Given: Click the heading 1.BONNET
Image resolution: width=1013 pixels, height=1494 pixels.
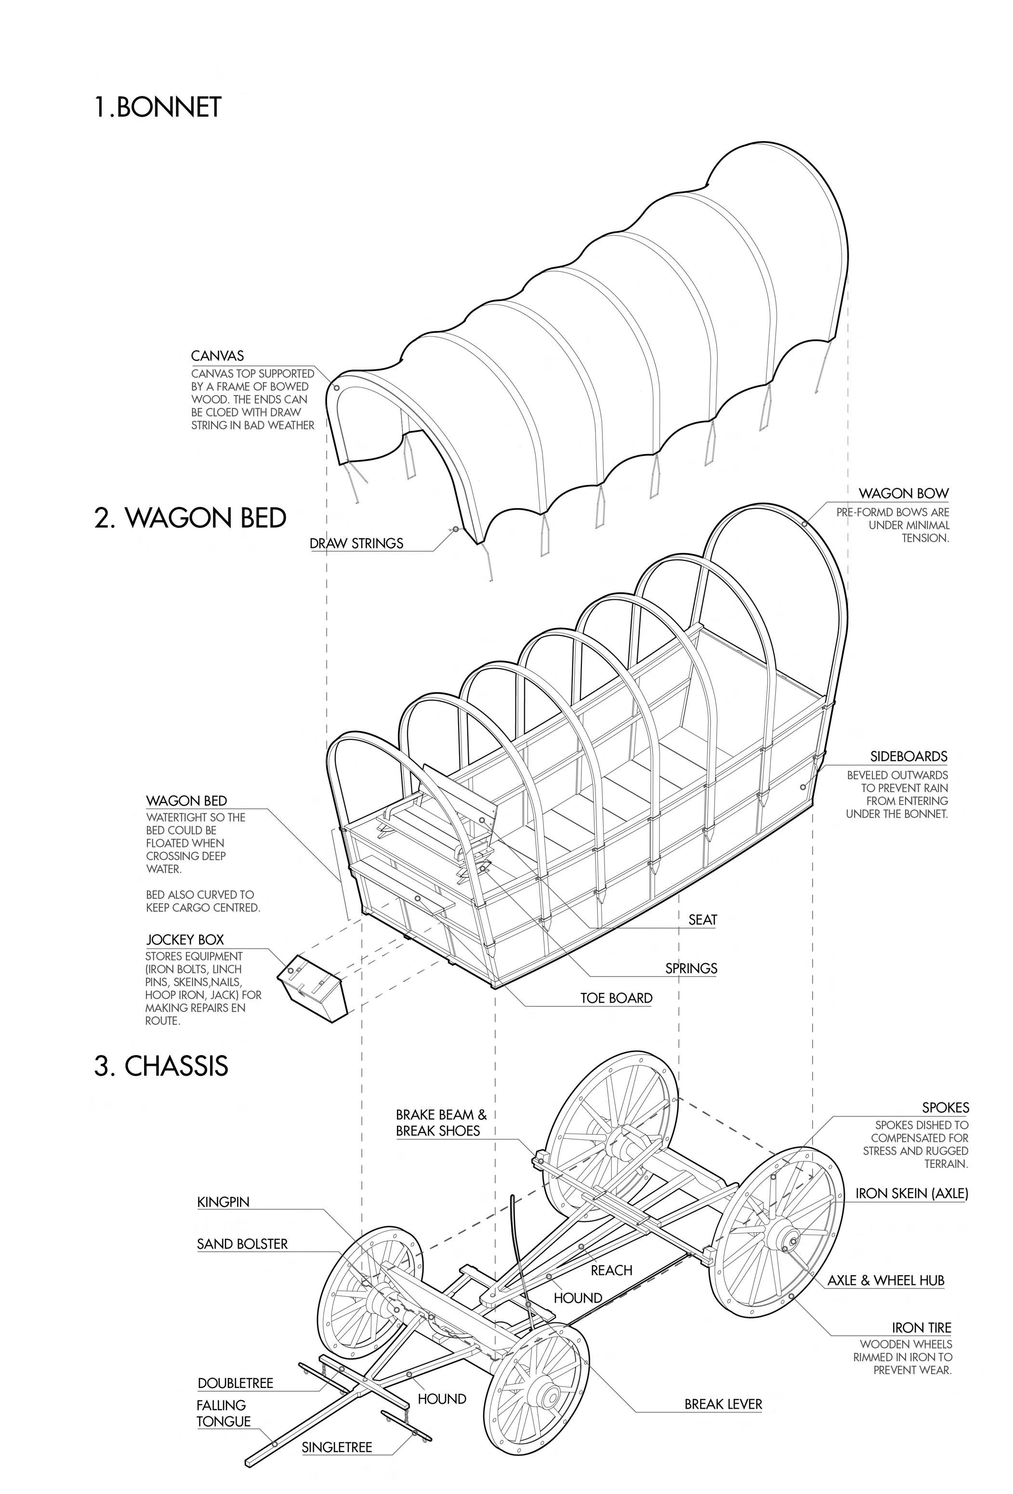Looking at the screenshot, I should [x=158, y=107].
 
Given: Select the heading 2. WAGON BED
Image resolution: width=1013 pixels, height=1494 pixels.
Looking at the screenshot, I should [x=190, y=517].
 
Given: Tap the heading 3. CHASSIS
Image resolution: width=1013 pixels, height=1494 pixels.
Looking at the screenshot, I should [x=161, y=1065].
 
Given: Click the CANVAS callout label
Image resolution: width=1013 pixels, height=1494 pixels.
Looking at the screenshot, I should [x=217, y=356].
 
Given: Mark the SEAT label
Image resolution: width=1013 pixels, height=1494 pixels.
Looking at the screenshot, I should [x=702, y=919].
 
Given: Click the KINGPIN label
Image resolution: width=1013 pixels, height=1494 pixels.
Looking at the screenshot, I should [x=223, y=1202].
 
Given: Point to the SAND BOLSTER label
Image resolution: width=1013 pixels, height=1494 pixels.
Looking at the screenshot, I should [x=242, y=1244].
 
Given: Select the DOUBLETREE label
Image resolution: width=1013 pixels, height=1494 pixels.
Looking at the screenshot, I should [x=235, y=1383].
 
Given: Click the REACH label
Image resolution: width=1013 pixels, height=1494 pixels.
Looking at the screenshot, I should [x=611, y=1269].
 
